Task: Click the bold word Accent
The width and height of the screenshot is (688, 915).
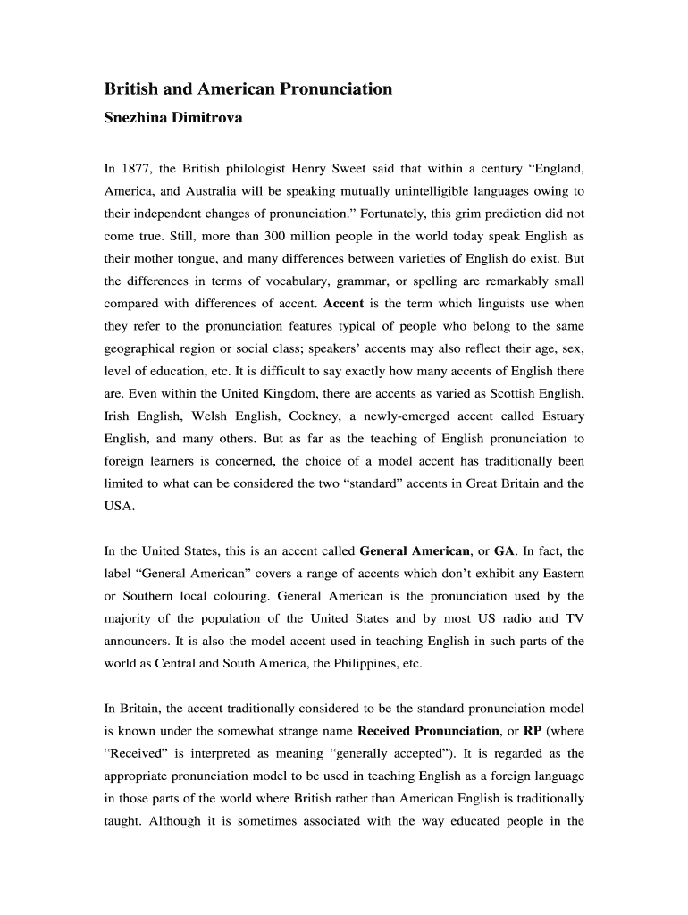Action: point(343,304)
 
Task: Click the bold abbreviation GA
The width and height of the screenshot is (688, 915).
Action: point(503,551)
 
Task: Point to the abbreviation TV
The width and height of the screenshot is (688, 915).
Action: point(575,618)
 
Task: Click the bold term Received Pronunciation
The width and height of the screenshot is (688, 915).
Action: point(428,731)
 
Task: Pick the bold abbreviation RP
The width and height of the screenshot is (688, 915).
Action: point(533,731)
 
